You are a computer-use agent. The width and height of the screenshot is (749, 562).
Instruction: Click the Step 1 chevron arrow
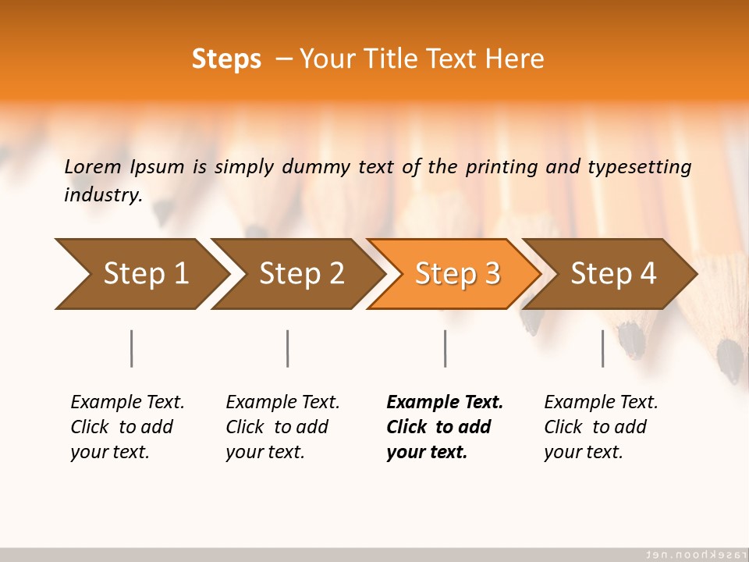[x=140, y=274]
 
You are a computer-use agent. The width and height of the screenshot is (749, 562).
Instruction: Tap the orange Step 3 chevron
[x=456, y=274]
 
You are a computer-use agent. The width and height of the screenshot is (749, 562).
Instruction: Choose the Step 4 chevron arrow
[x=612, y=274]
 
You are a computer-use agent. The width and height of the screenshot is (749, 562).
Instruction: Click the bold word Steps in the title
[x=226, y=59]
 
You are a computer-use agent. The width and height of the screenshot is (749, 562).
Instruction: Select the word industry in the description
[x=102, y=195]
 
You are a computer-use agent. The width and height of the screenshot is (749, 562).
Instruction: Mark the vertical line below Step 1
[x=132, y=348]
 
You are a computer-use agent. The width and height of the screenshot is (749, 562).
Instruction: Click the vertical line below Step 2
[x=288, y=348]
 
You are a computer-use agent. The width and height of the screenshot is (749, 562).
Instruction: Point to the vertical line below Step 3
[x=445, y=348]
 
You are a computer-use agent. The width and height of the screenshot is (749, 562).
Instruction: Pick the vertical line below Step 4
[x=603, y=348]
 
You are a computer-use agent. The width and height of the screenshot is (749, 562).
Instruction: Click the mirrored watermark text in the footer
[x=694, y=554]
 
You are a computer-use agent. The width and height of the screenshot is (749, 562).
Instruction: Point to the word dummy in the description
[x=317, y=167]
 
